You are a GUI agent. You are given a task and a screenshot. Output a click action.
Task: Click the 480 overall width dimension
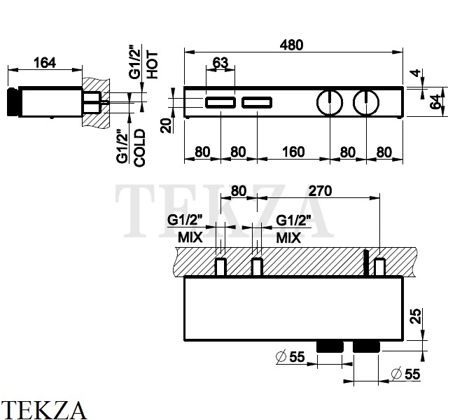point(292,45)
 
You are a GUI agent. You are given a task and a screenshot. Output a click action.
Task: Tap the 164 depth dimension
point(45,63)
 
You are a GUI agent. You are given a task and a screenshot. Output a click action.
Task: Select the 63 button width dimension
point(220,63)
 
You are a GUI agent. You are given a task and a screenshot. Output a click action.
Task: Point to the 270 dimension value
point(320,191)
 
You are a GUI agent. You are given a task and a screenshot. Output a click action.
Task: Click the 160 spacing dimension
point(293,152)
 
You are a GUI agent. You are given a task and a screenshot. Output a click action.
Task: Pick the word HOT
point(153,64)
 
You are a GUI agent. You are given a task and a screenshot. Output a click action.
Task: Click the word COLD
point(139,148)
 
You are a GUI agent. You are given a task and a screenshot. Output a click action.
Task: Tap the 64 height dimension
point(435,102)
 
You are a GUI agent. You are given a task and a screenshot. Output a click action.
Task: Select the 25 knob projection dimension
point(416,316)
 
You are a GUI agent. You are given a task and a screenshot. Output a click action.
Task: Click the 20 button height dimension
point(167,125)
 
